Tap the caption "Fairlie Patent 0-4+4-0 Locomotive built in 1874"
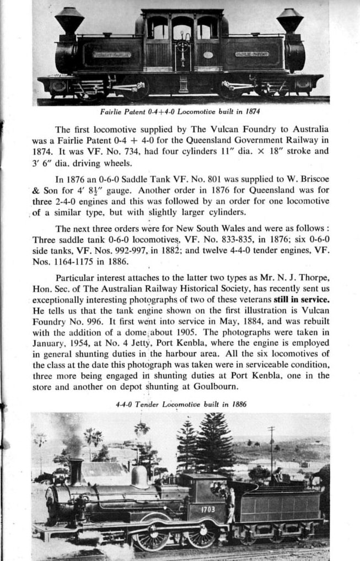[x=180, y=112]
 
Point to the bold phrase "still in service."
[x=302, y=300]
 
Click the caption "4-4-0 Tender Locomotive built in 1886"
[x=181, y=404]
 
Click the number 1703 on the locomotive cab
[x=207, y=509]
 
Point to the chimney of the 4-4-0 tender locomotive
[x=76, y=471]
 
